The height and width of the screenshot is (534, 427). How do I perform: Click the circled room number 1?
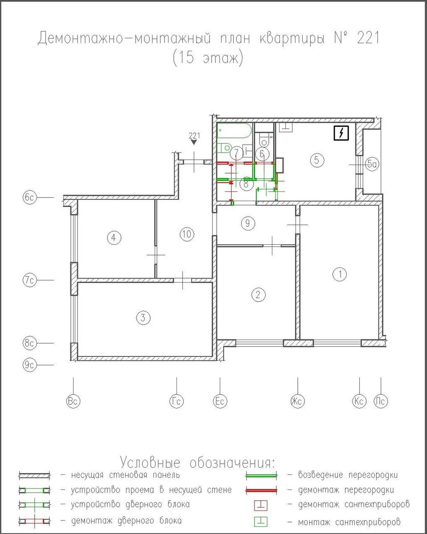pos(340,274)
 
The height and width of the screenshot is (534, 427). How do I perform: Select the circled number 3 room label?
pos(143,318)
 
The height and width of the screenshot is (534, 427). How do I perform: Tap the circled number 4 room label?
pos(114,238)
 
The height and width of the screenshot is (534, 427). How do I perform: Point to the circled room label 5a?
pos(372,164)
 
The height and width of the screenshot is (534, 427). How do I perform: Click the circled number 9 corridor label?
pos(248,223)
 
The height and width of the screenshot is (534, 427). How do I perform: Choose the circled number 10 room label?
pos(187,234)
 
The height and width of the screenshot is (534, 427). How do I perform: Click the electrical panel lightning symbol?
pos(341,133)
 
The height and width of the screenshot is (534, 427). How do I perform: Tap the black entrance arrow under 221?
pos(194,142)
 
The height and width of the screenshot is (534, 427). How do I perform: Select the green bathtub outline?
pos(234,130)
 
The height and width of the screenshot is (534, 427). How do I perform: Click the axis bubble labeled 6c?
pos(29,198)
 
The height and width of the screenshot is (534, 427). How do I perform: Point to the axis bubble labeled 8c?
pos(29,343)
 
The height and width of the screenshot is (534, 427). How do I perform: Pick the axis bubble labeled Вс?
pos(73,401)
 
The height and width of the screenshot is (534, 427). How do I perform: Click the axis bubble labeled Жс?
pos(297,401)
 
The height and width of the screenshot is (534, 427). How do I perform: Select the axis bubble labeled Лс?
pos(381,401)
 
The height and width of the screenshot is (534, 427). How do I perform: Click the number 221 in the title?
pos(368,38)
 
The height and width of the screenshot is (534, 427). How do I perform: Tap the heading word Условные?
pos(150,462)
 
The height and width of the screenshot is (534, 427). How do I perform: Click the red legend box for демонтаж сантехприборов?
pos(260,505)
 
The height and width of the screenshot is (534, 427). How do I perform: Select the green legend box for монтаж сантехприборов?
pos(260,522)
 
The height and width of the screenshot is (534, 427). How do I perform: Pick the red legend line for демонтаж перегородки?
pos(261,490)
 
